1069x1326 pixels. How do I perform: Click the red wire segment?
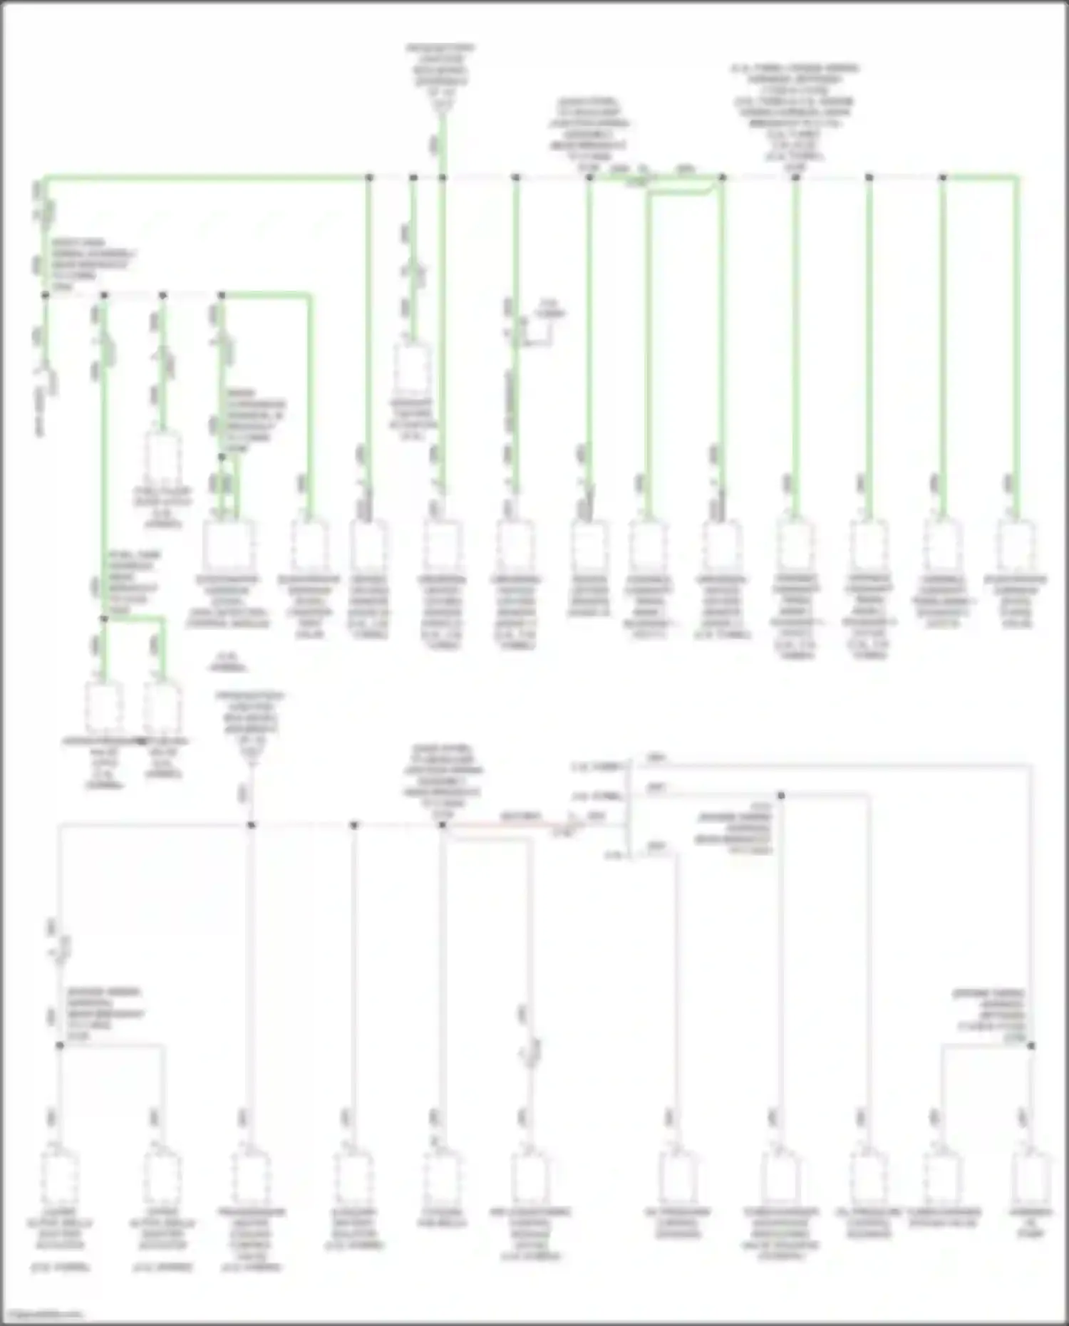pyautogui.click(x=513, y=825)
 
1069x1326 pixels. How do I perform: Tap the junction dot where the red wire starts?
pyautogui.click(x=442, y=825)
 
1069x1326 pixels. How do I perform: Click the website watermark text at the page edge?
pyautogui.click(x=43, y=1315)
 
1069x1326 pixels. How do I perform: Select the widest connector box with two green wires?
pyautogui.click(x=228, y=545)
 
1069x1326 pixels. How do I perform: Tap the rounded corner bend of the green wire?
pyautogui.click(x=713, y=187)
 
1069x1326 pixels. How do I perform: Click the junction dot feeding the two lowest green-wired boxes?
pyautogui.click(x=104, y=619)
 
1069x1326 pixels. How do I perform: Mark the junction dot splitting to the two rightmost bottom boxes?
pyautogui.click(x=1031, y=1046)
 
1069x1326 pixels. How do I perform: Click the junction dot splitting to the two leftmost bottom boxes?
pyautogui.click(x=60, y=1046)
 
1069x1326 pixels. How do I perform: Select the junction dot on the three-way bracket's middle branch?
pyautogui.click(x=781, y=795)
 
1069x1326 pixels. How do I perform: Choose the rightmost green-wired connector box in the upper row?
pyautogui.click(x=1016, y=545)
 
